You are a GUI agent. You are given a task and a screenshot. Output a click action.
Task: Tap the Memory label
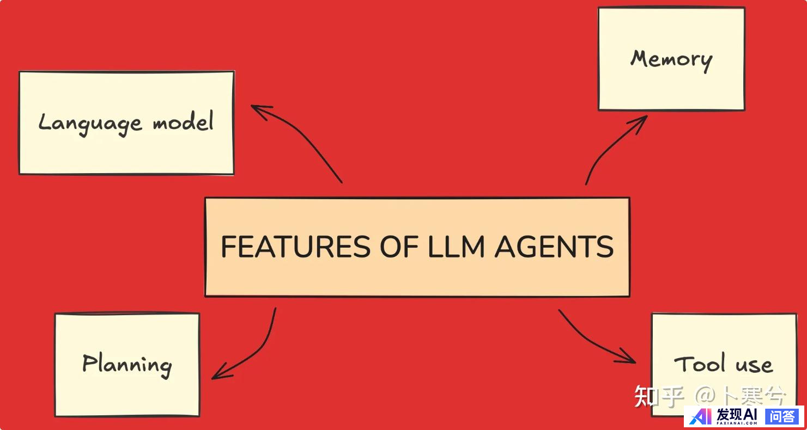coord(671,59)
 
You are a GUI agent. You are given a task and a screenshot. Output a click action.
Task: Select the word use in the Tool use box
coord(754,365)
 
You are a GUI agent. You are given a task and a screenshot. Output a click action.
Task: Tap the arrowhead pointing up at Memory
coord(641,120)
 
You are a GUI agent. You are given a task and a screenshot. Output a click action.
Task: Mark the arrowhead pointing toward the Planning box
coord(218,375)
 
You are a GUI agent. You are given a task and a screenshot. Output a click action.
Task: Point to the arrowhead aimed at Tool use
coord(629,359)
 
